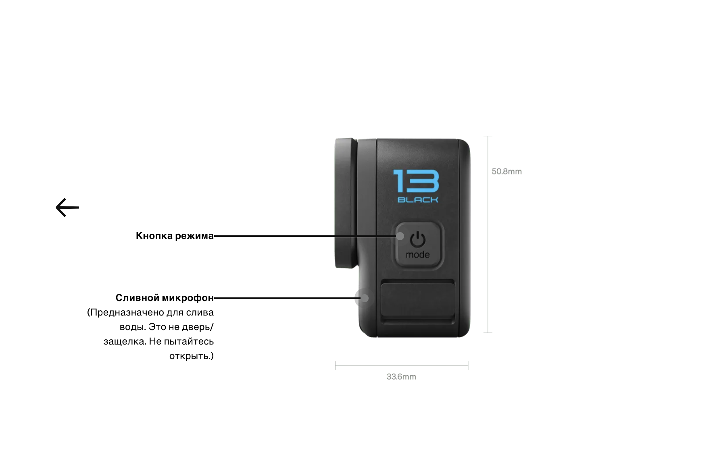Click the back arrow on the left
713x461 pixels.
67,208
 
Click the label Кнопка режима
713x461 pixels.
175,236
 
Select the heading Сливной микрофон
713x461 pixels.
165,298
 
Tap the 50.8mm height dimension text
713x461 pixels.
507,172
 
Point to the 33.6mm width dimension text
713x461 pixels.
401,377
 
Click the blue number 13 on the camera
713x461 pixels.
416,181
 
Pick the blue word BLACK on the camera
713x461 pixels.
418,199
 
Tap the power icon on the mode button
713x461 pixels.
418,239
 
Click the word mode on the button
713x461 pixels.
418,255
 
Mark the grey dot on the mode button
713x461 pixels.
400,236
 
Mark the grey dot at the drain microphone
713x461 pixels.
365,298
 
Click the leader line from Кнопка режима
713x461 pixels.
302,236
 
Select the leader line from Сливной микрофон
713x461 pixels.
282,298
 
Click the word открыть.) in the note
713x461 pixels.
192,356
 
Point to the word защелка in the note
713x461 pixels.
125,341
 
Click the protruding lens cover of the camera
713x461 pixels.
345,201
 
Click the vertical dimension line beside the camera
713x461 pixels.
488,242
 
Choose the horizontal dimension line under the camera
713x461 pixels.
402,365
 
